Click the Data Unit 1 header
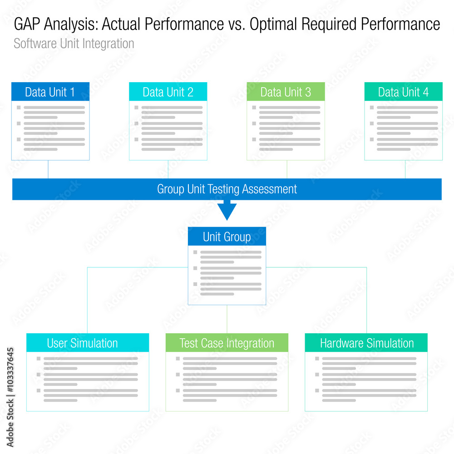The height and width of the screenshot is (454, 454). pos(50,92)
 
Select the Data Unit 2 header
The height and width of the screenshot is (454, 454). pos(168,92)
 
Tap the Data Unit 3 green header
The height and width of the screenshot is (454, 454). pos(286,92)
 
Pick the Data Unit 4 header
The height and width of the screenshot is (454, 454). pos(403,92)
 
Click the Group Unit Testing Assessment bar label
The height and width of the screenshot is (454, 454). pos(227,189)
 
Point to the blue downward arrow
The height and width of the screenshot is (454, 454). pos(227,210)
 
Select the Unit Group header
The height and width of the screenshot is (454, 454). pos(227,237)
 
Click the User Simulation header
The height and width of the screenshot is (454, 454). pos(83,343)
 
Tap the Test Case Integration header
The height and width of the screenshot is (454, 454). pos(227,343)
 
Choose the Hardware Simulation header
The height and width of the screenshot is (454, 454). pos(366,343)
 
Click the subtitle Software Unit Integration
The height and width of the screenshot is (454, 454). pos(74,44)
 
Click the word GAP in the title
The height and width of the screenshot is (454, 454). pos(29,25)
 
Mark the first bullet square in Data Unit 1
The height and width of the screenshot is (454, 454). pos(19,108)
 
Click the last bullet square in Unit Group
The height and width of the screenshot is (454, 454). pos(195,284)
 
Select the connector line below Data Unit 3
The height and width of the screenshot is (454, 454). pos(287,169)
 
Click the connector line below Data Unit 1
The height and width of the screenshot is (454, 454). pos(48,169)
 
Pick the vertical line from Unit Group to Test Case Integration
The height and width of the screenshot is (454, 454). pos(227,319)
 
